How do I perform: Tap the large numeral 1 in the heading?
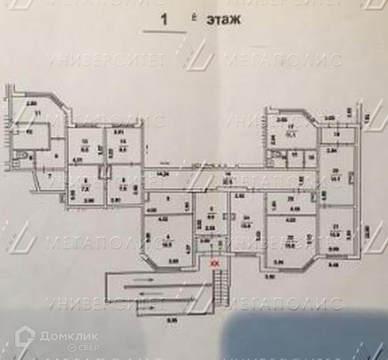[164, 20]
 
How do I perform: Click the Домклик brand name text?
[69, 336]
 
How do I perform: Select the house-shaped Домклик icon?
[25, 338]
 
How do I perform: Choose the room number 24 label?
[246, 217]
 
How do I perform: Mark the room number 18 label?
[336, 135]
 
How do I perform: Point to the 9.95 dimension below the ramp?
[171, 320]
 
